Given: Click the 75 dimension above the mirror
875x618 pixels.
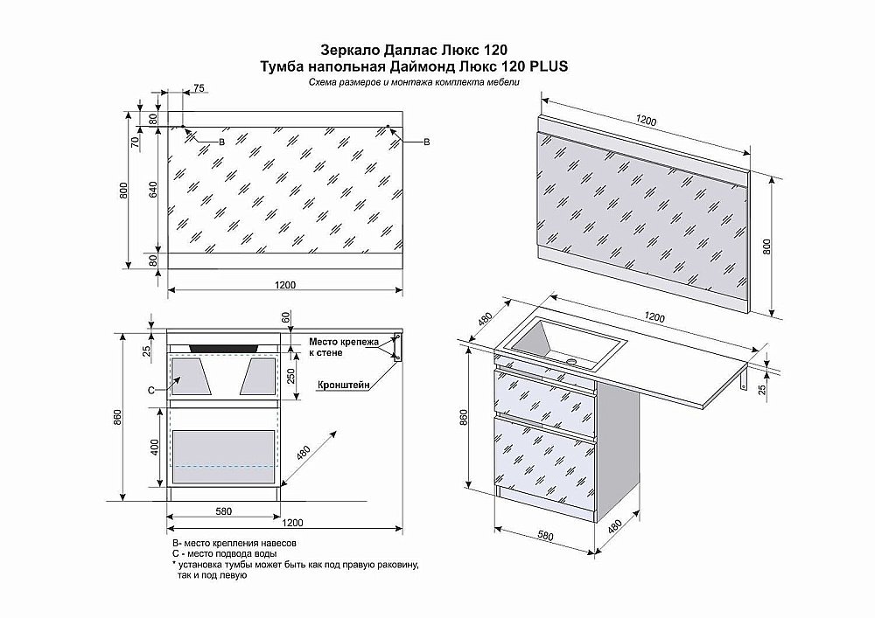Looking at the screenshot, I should coord(199,88).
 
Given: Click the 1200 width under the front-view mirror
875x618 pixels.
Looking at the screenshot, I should coord(285,283).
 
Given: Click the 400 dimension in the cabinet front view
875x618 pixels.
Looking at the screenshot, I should coord(155,448).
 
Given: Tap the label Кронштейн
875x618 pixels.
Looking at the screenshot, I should coord(341,384).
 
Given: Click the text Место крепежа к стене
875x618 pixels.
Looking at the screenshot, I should coord(342,348).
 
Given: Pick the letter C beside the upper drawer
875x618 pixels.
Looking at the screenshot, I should coord(150,388).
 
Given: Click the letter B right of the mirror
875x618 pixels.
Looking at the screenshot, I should coord(426,142).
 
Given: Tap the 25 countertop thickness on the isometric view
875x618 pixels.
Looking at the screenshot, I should coord(763,389).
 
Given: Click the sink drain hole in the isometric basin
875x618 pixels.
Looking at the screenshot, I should coord(574,359).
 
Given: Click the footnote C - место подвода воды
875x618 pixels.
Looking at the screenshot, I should coord(225,554).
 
